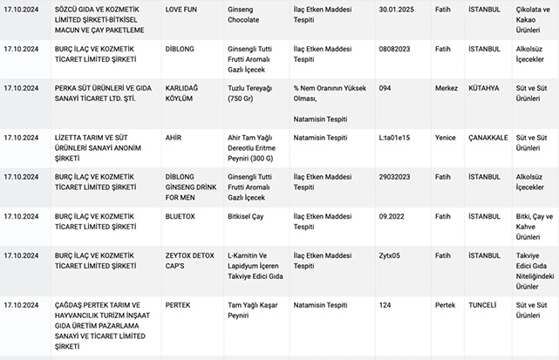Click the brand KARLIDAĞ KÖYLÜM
[194, 94]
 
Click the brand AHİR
[174, 138]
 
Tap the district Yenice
[447, 138]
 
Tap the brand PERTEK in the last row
[179, 305]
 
